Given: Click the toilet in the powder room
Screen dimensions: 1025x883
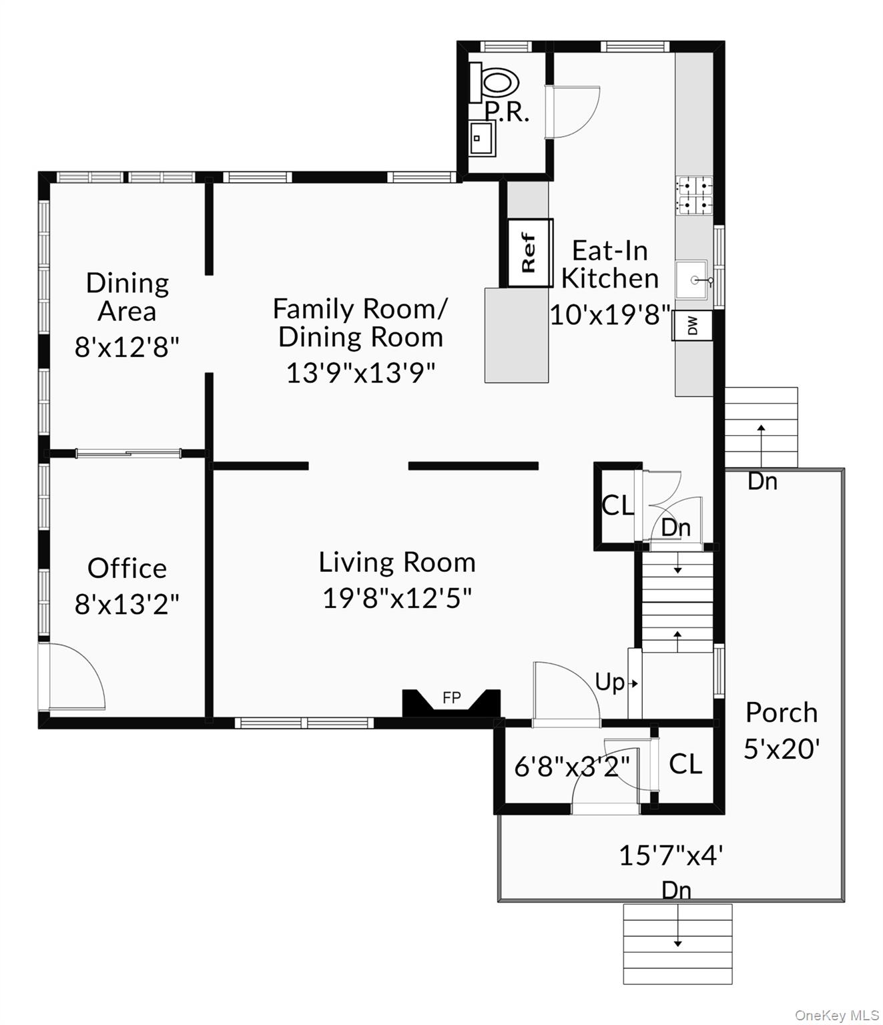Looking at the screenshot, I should click(498, 83).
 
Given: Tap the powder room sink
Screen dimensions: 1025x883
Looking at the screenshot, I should click(481, 138).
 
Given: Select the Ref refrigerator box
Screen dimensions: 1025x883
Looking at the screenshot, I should click(530, 253).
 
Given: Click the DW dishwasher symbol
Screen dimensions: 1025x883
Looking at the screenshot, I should click(693, 326).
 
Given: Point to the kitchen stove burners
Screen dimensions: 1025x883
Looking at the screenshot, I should click(694, 196).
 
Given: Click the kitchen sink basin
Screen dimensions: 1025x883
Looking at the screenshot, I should click(691, 279).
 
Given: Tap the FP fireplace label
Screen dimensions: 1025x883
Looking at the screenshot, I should click(452, 698).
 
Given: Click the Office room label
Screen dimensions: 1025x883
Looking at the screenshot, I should click(127, 569).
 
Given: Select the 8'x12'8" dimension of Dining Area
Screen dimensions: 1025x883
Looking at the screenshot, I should click(127, 347).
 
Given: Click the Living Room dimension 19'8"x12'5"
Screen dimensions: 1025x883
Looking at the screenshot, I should click(397, 599).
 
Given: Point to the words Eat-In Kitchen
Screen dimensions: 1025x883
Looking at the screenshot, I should click(609, 264).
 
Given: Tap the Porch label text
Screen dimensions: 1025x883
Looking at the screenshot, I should click(782, 713).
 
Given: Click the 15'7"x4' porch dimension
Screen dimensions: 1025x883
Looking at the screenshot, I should click(671, 855).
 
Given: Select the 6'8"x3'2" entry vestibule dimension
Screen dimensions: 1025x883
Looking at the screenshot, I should click(572, 767).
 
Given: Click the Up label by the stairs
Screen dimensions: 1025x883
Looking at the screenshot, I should click(610, 682).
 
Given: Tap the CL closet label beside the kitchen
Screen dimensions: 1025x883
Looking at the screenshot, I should click(617, 505).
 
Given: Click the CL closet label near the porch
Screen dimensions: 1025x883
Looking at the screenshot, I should click(685, 764).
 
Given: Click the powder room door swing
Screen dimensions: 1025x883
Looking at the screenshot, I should click(574, 111).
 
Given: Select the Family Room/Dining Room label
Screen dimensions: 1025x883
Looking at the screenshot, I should click(360, 323).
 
